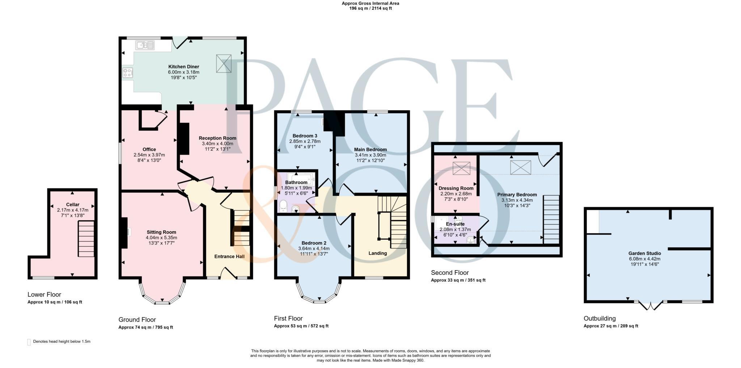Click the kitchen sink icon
click(x=145, y=45)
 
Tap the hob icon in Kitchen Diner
click(x=127, y=73)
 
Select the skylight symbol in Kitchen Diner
click(x=224, y=63)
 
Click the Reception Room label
click(x=217, y=138)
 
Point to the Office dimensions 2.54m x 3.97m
click(x=149, y=155)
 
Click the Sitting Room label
click(x=161, y=232)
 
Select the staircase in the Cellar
click(x=86, y=239)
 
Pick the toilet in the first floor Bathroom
click(x=283, y=206)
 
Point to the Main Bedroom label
click(x=370, y=149)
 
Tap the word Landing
click(x=377, y=253)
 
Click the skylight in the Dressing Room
click(x=461, y=168)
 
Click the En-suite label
click(x=455, y=224)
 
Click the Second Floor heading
click(x=449, y=272)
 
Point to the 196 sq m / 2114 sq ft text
click(x=370, y=8)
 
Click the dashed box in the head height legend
click(x=29, y=342)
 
